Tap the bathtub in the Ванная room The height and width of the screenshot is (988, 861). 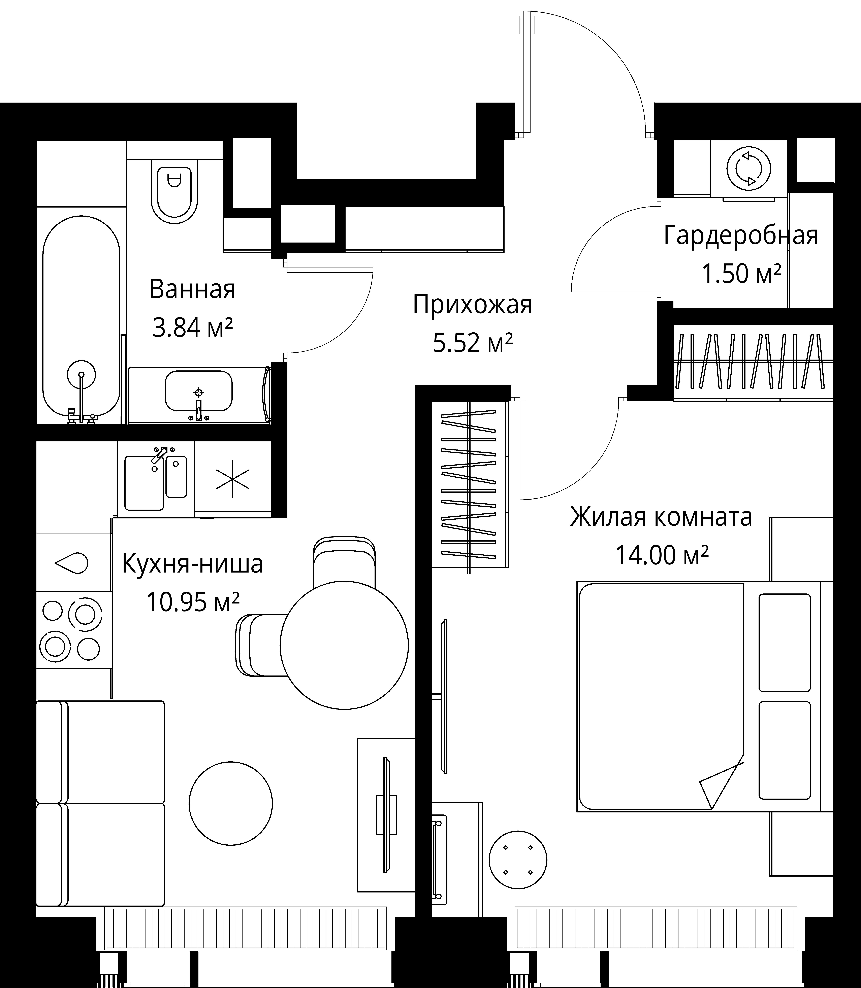point(81,317)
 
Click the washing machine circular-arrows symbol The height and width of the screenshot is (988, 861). point(749,169)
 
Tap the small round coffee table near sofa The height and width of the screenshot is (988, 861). point(231,803)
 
